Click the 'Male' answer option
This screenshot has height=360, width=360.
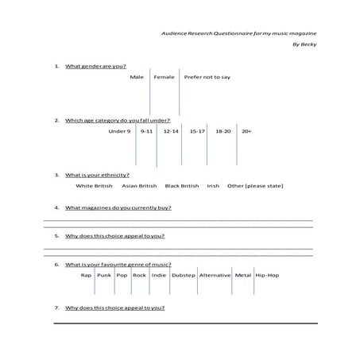137,77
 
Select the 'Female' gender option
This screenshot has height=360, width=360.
164,77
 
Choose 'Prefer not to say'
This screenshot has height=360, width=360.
207,77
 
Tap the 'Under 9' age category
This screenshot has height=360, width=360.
119,130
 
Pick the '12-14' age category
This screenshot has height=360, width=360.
171,130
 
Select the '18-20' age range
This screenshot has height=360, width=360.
223,130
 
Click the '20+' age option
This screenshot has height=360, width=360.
246,130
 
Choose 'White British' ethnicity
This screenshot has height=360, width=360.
95,186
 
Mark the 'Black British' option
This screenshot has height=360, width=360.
182,186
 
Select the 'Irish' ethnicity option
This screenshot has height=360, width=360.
213,186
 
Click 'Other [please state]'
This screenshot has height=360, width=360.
255,186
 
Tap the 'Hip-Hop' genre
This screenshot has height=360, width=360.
267,275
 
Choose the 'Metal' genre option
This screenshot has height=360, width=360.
242,275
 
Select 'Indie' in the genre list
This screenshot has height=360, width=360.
159,275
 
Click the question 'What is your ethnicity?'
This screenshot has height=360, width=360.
97,174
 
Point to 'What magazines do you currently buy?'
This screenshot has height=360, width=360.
118,207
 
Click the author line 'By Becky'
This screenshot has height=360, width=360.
304,45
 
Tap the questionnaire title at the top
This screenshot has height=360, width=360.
238,33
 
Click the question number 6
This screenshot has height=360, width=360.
56,264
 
